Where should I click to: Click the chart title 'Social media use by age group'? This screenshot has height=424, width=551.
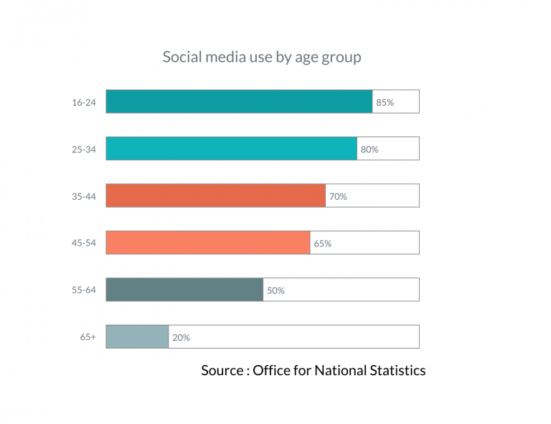click(262, 57)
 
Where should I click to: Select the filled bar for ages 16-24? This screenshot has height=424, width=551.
click(239, 101)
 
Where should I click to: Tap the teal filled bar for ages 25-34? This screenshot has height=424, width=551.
click(231, 149)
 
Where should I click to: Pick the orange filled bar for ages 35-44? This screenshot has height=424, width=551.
click(215, 195)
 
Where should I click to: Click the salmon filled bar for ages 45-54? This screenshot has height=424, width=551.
click(207, 243)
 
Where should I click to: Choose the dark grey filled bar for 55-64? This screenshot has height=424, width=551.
click(184, 290)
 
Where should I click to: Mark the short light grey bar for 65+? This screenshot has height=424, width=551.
click(137, 336)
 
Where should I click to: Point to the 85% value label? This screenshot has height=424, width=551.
click(385, 103)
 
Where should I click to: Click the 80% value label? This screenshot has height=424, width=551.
click(369, 149)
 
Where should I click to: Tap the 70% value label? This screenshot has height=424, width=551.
click(338, 196)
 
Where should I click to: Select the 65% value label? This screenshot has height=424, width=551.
click(322, 244)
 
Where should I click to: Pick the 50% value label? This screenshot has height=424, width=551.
click(275, 290)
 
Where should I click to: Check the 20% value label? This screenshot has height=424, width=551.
click(181, 337)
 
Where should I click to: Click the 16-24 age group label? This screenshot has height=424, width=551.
click(83, 102)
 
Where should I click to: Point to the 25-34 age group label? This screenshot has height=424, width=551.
click(83, 149)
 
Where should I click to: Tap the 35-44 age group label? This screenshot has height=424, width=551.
click(83, 196)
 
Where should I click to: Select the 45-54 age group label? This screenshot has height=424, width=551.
click(83, 243)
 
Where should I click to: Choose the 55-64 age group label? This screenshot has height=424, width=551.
click(83, 290)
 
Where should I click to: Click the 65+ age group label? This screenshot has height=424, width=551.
click(88, 337)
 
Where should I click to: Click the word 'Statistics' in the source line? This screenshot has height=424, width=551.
click(397, 370)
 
